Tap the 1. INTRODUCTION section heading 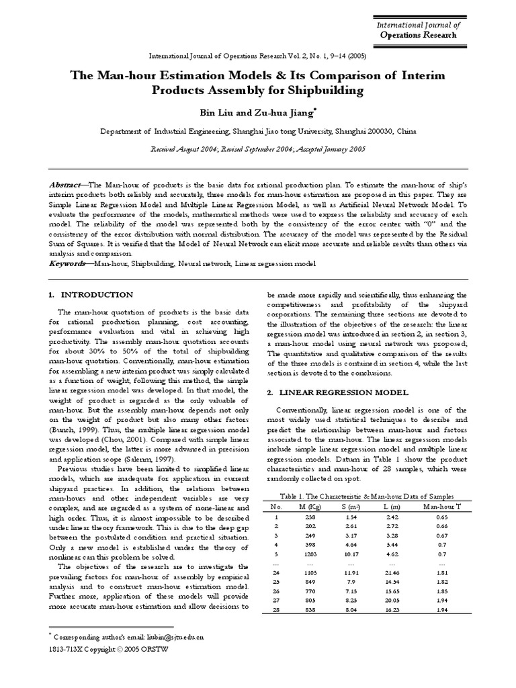click(x=91, y=295)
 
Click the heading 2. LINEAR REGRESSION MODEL click(x=337, y=392)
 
